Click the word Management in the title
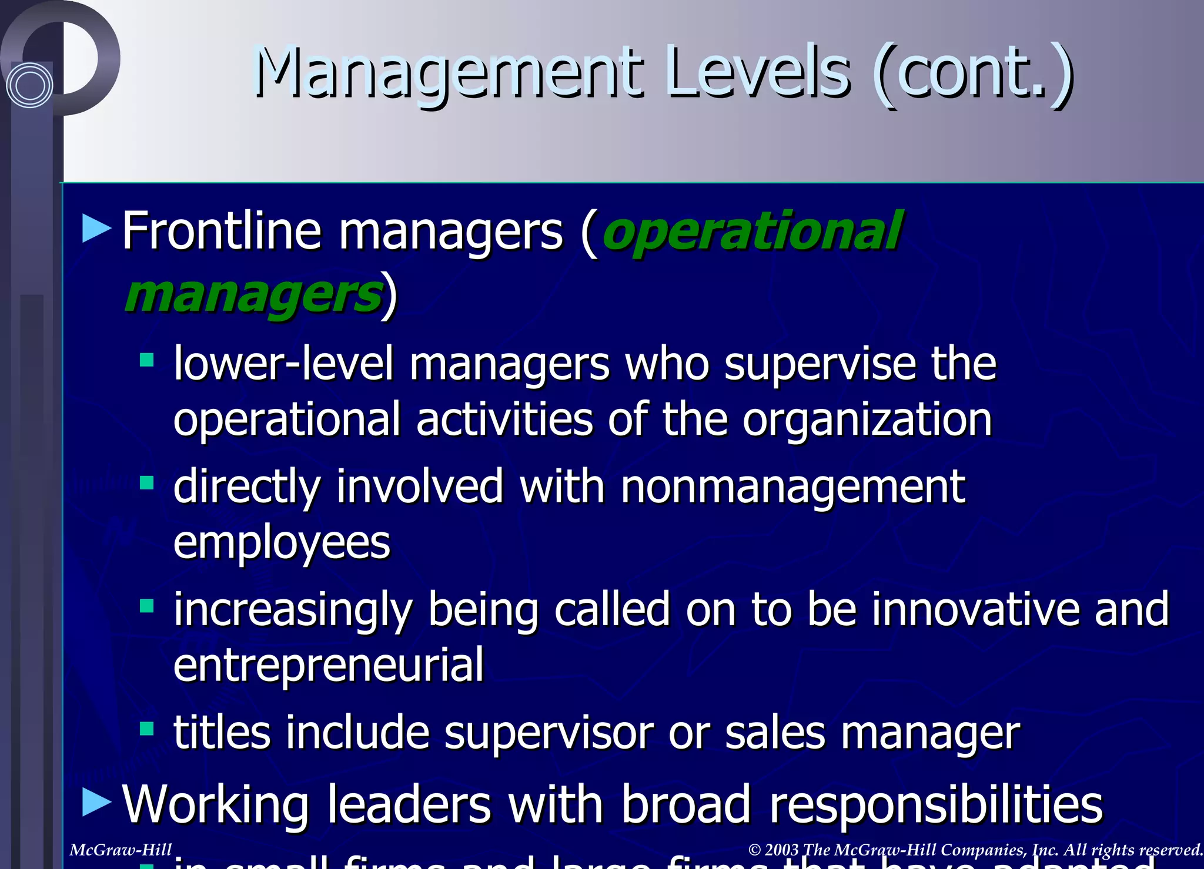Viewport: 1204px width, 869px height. pyautogui.click(x=447, y=73)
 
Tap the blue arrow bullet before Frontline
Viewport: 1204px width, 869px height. pyautogui.click(x=96, y=229)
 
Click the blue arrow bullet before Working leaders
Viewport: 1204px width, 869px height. pyautogui.click(x=96, y=802)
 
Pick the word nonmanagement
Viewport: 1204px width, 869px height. pyautogui.click(x=792, y=488)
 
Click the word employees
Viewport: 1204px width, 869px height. pyautogui.click(x=282, y=543)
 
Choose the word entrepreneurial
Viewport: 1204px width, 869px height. pyautogui.click(x=328, y=665)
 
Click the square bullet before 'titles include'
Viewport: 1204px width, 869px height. pyautogui.click(x=146, y=729)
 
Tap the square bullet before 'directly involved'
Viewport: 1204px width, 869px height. pyautogui.click(x=146, y=484)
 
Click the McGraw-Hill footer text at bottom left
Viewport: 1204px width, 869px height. pyautogui.click(x=121, y=850)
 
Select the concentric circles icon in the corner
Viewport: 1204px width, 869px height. pyautogui.click(x=29, y=85)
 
